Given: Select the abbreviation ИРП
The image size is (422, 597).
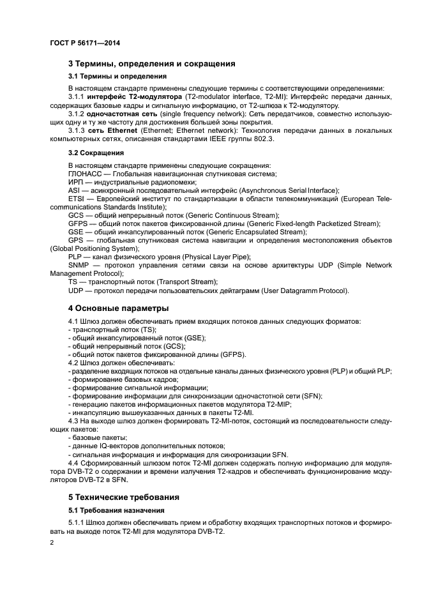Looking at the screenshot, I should (75, 182).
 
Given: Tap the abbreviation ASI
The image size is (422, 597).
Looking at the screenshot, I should (74, 190).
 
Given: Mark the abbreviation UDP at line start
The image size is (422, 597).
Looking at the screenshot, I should (76, 290).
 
